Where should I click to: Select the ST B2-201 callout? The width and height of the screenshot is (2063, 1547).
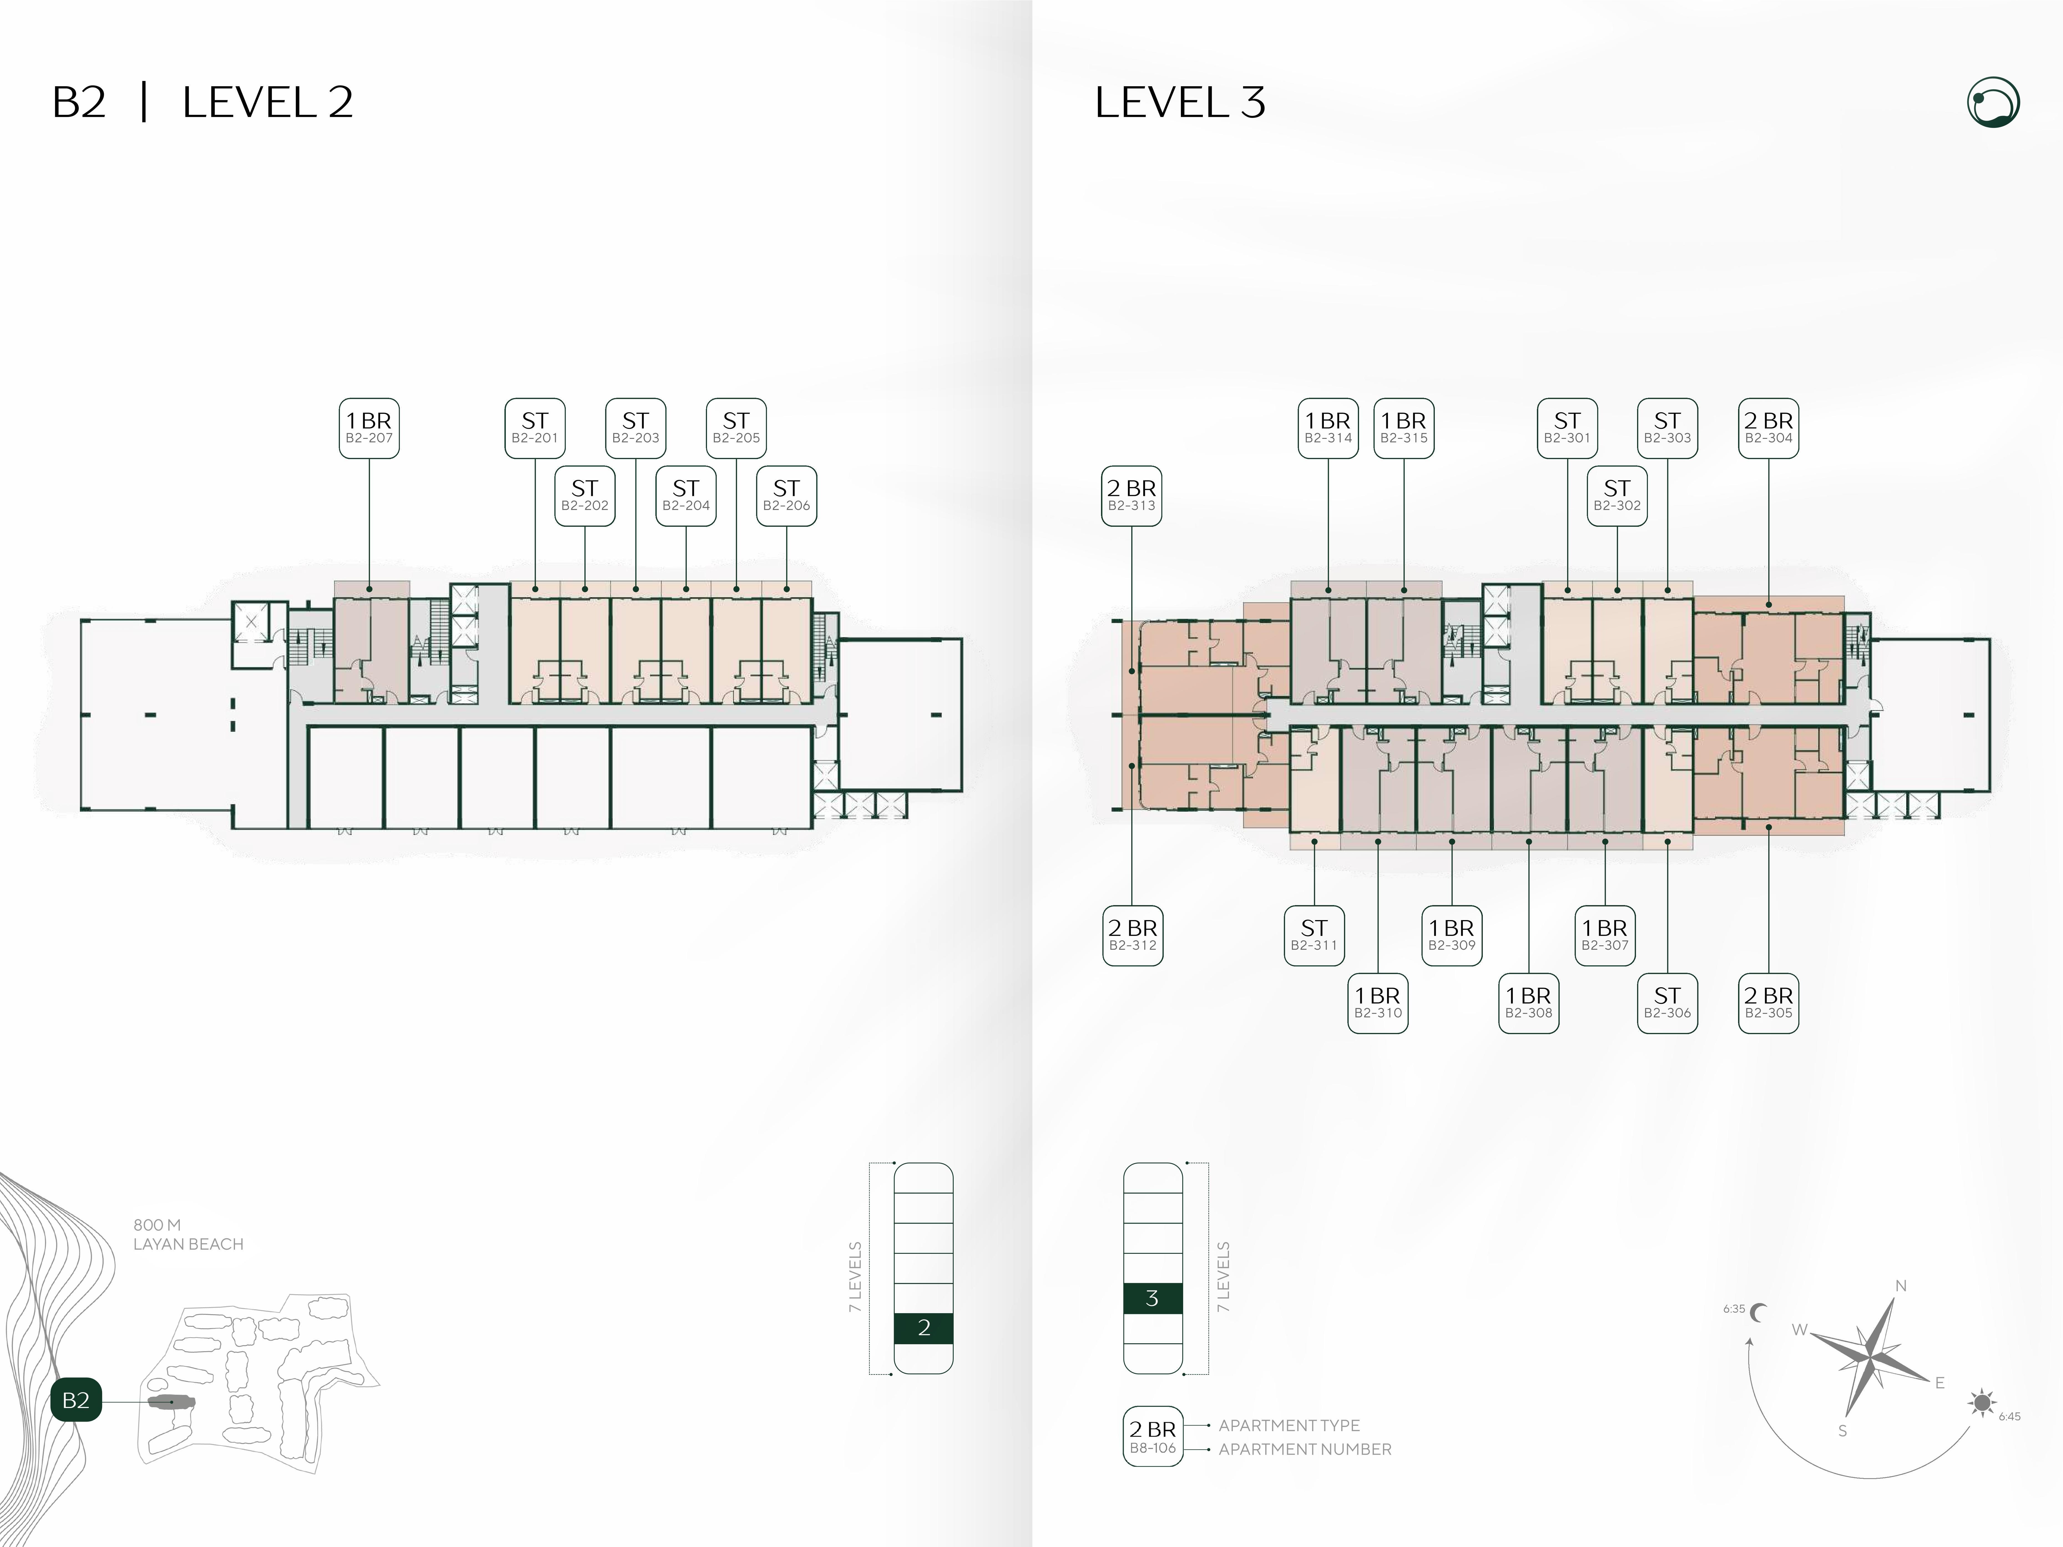(534, 428)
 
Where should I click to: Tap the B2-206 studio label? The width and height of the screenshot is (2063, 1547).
(786, 496)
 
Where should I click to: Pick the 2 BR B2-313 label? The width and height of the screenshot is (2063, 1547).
(1131, 496)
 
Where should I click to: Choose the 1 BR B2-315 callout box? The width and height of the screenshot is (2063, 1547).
(1404, 428)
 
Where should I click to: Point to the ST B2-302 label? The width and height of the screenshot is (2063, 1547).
(1617, 496)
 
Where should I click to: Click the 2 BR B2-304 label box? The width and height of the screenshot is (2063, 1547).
(1768, 428)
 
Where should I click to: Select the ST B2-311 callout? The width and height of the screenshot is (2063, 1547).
(1314, 935)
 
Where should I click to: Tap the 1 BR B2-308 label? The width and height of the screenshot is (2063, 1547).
(1529, 1003)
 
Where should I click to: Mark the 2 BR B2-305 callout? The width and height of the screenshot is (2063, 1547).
(1768, 1003)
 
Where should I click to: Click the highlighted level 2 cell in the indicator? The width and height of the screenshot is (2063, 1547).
(923, 1328)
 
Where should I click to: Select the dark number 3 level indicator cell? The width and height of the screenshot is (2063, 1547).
(1153, 1298)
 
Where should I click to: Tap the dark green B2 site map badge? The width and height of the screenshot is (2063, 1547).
(75, 1400)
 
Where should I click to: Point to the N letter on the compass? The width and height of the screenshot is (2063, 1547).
(1901, 1286)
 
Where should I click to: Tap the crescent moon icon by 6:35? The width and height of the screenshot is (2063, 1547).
(1759, 1313)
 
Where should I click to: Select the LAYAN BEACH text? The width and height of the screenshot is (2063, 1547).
(188, 1244)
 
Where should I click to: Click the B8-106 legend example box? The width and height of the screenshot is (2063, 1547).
(1153, 1436)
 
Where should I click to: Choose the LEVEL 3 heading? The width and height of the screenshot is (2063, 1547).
(1180, 103)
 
